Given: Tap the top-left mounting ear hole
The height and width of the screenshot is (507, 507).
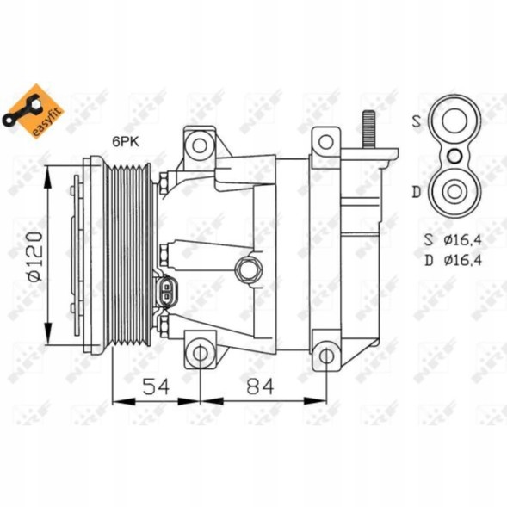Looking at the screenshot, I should (x=200, y=144).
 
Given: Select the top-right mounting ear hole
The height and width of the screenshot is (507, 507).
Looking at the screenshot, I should (x=326, y=142).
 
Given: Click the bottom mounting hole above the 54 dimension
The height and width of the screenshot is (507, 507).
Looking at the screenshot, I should (x=200, y=352).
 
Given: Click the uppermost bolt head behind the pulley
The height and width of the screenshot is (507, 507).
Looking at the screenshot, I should (x=164, y=182).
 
